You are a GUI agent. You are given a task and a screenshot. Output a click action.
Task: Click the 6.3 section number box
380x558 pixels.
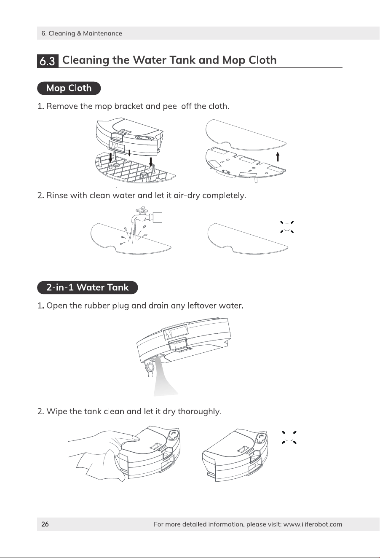48,61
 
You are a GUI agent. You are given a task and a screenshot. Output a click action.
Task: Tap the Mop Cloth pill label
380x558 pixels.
69,88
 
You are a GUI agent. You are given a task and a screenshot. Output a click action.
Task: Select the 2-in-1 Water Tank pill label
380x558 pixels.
87,287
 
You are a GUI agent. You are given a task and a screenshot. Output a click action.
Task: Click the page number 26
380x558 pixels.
45,524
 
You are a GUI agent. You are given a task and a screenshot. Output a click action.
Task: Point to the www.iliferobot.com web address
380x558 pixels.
313,524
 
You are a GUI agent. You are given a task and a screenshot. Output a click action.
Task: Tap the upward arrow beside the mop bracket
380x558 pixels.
278,157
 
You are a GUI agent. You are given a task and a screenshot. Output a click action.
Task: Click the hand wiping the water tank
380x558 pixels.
104,440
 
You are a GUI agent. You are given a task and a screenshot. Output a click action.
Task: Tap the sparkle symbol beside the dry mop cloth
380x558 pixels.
287,227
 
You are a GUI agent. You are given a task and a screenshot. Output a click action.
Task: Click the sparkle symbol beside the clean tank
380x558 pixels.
289,437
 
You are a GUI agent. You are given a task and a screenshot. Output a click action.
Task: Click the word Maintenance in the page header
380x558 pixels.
102,33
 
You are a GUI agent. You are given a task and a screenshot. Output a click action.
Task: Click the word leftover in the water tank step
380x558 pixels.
202,306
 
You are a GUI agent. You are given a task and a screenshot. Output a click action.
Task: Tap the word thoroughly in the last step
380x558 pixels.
199,411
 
